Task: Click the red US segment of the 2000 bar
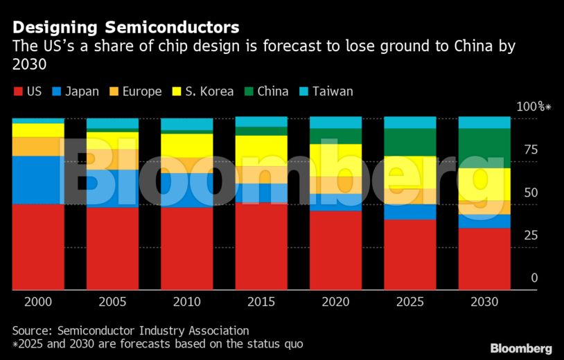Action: click(38, 246)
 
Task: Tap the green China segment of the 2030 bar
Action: click(484, 148)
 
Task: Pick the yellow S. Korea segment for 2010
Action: click(187, 145)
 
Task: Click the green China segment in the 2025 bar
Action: click(410, 143)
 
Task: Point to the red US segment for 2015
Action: click(261, 246)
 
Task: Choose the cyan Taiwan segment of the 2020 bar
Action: click(336, 123)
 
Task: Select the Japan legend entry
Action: click(76, 91)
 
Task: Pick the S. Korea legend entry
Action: click(204, 91)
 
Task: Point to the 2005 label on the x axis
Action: click(112, 302)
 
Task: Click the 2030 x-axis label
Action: click(484, 302)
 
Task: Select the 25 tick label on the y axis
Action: click(530, 235)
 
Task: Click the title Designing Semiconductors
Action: click(126, 28)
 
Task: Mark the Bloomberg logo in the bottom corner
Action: click(521, 348)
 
